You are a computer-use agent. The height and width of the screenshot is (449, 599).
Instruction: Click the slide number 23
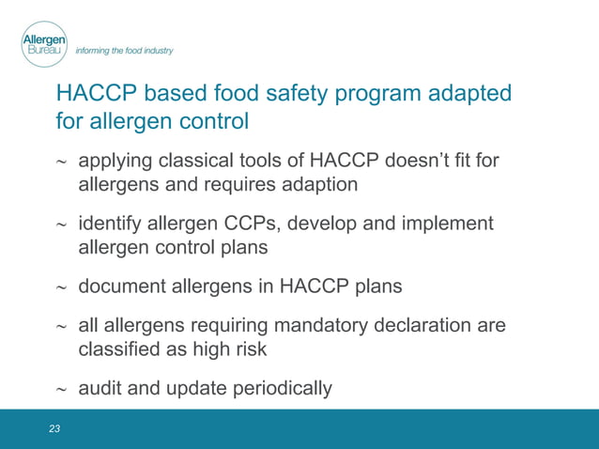[x=54, y=428]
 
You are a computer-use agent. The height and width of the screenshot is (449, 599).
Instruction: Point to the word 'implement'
[x=447, y=224]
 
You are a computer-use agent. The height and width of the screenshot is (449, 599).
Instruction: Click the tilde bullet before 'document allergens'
[x=62, y=287]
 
